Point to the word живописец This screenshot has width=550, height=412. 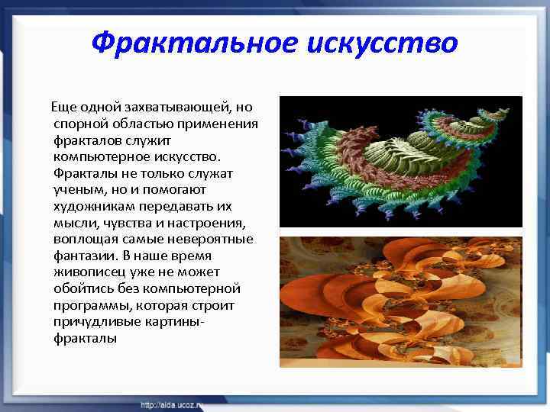89,272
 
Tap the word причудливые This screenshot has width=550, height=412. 95,322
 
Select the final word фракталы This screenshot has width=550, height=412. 86,339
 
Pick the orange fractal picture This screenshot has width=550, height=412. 401,301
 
